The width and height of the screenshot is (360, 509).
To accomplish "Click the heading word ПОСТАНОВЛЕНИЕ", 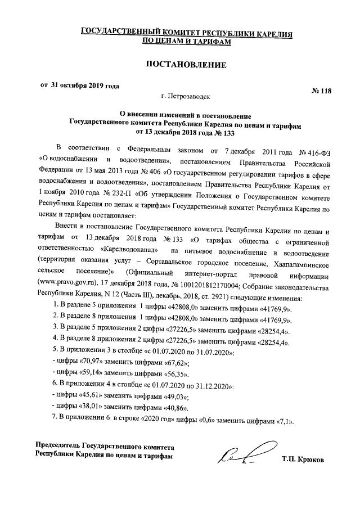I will [186, 65].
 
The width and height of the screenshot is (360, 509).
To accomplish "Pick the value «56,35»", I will [172, 373].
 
